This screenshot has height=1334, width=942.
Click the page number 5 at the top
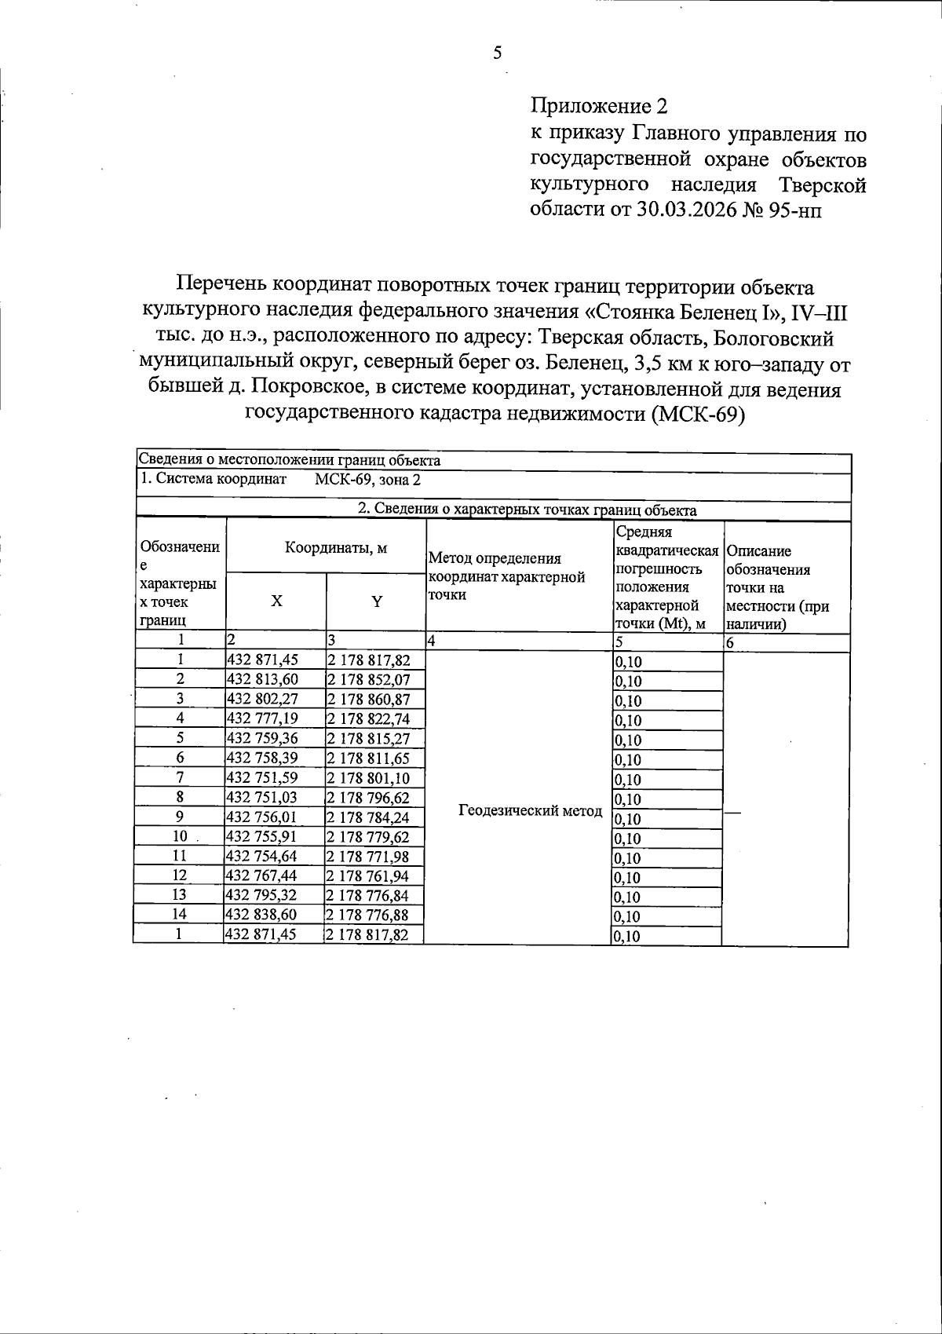(x=497, y=53)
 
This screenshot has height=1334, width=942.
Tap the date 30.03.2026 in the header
(x=681, y=210)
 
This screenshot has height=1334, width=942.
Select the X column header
(x=276, y=601)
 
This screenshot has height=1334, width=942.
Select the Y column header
(x=377, y=601)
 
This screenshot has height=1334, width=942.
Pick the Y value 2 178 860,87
(x=368, y=699)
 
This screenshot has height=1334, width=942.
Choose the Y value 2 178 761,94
(x=368, y=875)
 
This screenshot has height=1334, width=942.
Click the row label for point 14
(x=180, y=914)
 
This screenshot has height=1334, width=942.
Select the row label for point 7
(x=180, y=777)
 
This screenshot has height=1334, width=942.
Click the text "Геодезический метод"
(x=530, y=810)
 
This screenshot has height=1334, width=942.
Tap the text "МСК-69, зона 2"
(x=367, y=479)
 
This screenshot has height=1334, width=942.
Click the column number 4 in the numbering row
(x=431, y=641)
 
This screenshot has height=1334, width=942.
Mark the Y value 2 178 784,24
(x=368, y=817)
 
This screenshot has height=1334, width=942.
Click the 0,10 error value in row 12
(x=628, y=878)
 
